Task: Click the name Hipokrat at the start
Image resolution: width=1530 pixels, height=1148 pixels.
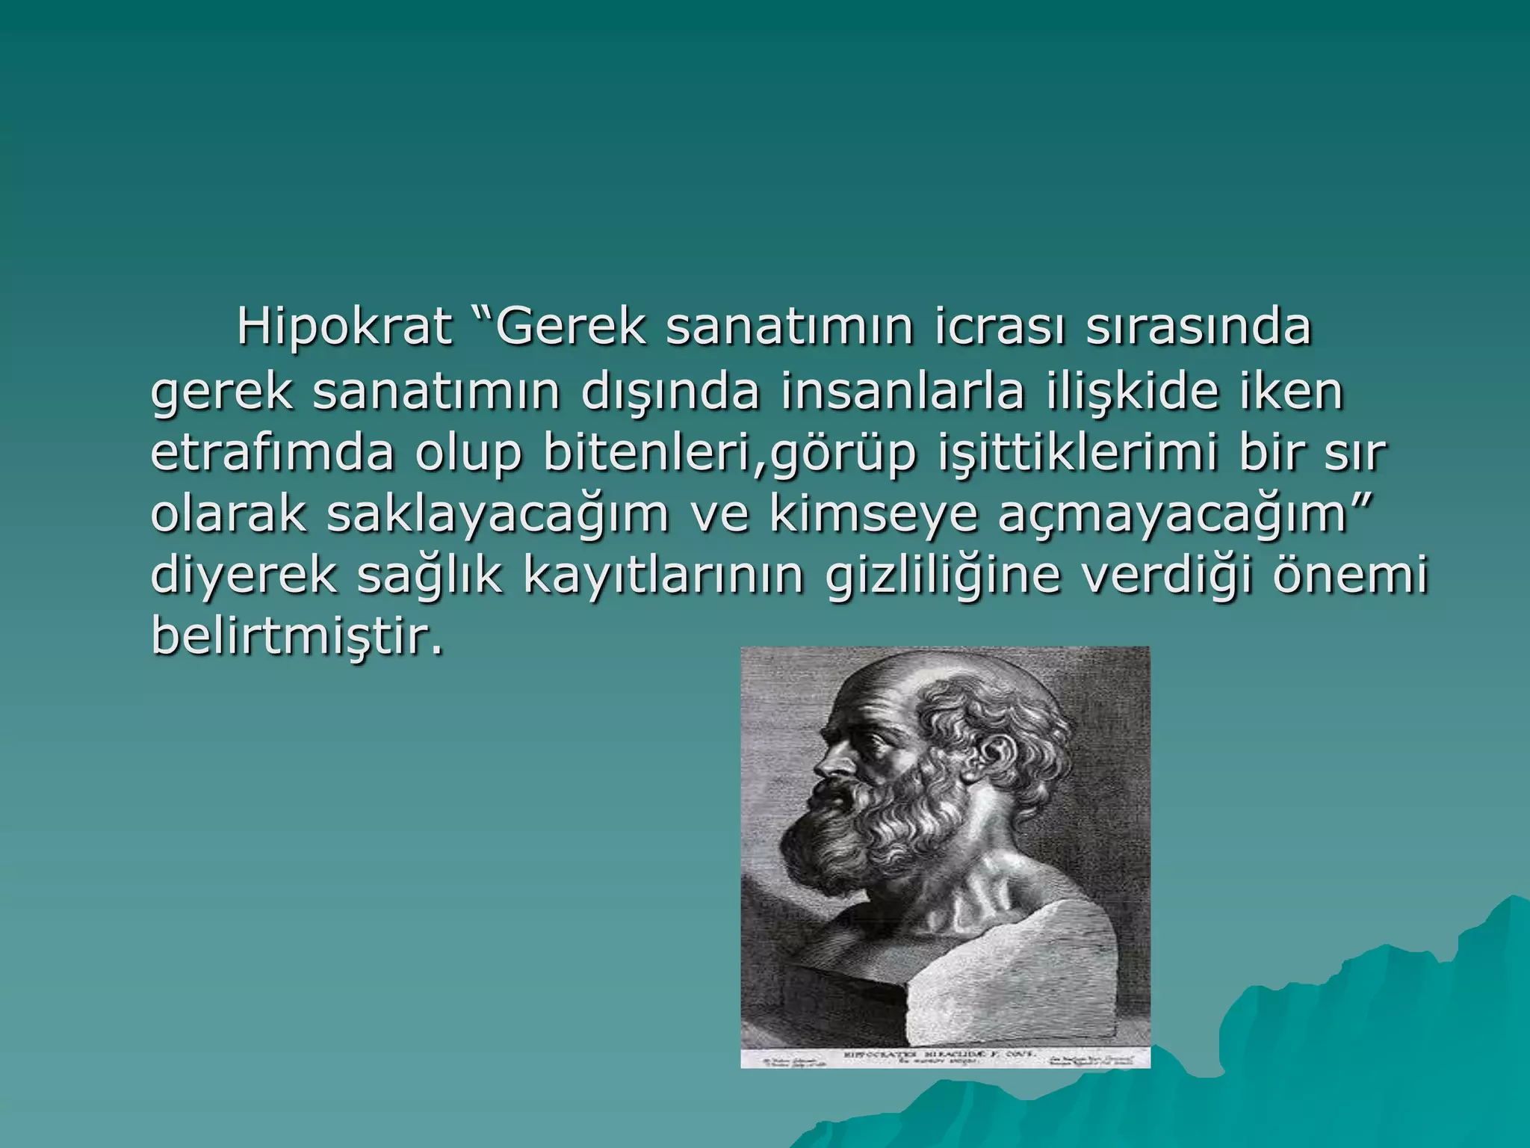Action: tap(344, 327)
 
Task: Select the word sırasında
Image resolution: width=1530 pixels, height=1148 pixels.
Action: tap(1198, 327)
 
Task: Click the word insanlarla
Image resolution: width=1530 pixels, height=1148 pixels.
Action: tap(902, 392)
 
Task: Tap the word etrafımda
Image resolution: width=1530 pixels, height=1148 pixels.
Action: tap(272, 454)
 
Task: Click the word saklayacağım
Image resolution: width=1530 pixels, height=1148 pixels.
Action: tap(498, 515)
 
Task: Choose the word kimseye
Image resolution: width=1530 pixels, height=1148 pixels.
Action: tap(873, 515)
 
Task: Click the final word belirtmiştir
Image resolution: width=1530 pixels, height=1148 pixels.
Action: tap(297, 638)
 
